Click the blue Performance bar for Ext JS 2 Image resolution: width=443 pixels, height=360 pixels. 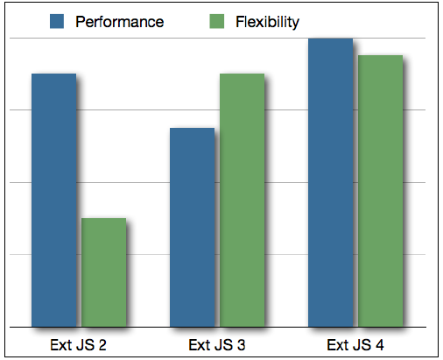coord(54,200)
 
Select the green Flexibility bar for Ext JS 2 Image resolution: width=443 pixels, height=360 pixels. coord(104,272)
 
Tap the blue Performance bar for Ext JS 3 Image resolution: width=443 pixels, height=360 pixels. coord(193,228)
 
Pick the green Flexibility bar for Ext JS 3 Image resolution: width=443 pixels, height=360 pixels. coord(243,200)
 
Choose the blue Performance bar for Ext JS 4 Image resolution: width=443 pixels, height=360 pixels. coord(331,182)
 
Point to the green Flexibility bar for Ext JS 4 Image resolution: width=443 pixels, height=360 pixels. coord(381,191)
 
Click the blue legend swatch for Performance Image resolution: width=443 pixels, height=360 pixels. coord(57,21)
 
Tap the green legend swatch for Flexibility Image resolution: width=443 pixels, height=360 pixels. coord(217,21)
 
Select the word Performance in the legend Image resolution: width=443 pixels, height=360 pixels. coord(120,22)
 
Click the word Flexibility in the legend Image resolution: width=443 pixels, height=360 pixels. coord(267,22)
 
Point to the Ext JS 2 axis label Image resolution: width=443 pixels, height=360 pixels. coord(78,345)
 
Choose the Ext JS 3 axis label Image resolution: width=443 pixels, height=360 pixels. coord(217,345)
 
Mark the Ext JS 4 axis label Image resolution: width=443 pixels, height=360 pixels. coord(355,345)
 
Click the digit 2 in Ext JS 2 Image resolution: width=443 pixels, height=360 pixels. coord(102,345)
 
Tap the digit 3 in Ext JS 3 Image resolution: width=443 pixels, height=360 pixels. coord(241,345)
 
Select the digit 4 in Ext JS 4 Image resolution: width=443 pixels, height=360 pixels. coord(379,345)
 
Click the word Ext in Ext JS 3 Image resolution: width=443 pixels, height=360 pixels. coord(200,345)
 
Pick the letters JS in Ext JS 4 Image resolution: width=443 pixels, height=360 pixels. coord(362,345)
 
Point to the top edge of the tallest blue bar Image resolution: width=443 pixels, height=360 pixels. coord(331,39)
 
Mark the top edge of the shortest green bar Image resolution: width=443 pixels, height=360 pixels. coord(104,218)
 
